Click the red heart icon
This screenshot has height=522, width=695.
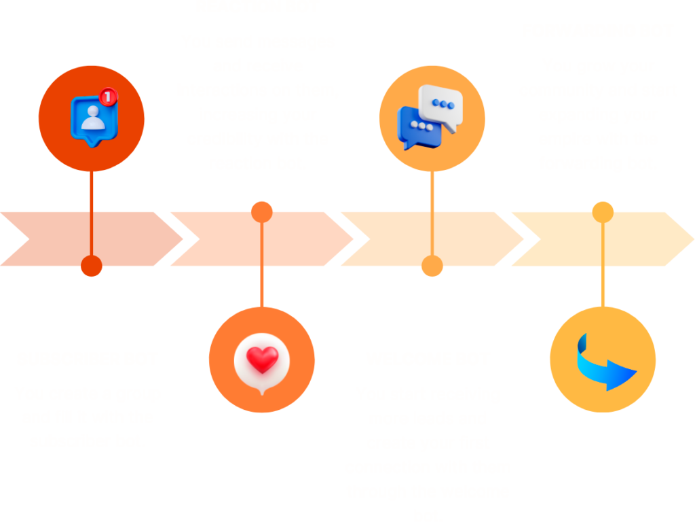point(261,360)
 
